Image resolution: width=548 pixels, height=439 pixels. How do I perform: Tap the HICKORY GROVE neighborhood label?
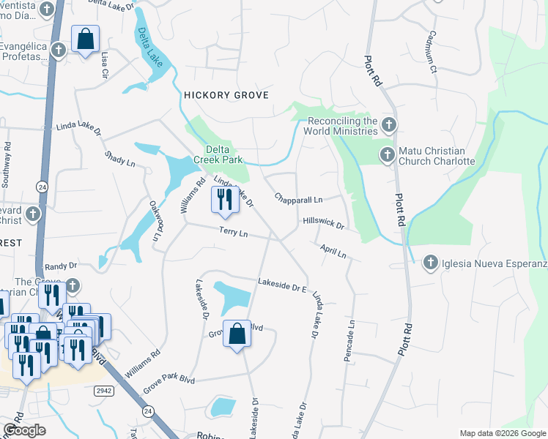tap(226, 95)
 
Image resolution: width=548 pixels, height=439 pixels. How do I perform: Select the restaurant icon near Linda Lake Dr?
tap(224, 200)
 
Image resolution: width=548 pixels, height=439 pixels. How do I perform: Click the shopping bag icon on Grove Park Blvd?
tap(237, 335)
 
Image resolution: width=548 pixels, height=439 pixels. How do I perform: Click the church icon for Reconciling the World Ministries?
tap(388, 126)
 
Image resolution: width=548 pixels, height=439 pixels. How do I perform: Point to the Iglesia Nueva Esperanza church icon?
tap(430, 262)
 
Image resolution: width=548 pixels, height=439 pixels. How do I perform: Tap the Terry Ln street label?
tap(234, 233)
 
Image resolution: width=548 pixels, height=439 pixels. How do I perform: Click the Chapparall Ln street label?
tap(298, 198)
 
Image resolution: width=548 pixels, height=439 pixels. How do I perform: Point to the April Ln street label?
tap(333, 251)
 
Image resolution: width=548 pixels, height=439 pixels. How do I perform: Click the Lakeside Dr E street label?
tap(281, 286)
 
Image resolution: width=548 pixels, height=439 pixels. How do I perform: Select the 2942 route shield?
tap(105, 391)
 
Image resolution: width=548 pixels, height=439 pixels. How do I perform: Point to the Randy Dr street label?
tap(61, 267)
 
